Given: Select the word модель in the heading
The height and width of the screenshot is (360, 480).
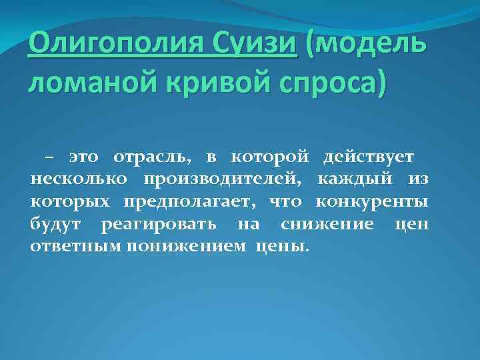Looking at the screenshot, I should tap(370, 45).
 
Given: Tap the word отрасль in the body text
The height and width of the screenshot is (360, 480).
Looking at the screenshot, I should tap(153, 158).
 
